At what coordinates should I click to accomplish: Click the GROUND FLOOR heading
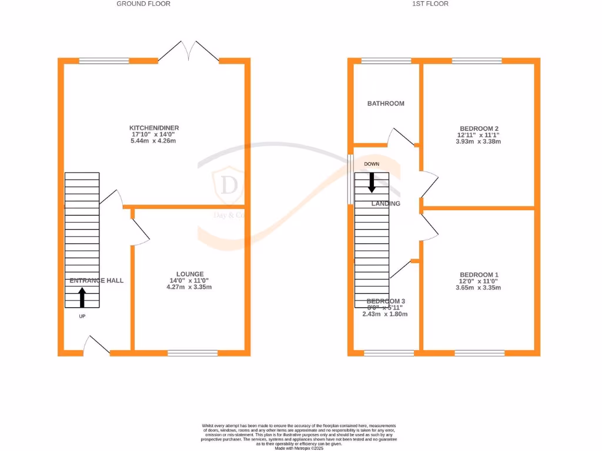(x=143, y=4)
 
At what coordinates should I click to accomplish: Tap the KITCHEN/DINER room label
(x=155, y=128)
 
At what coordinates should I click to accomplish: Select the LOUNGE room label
(x=190, y=274)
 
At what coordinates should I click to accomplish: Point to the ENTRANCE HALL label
(x=96, y=281)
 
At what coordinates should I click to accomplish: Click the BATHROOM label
(x=386, y=103)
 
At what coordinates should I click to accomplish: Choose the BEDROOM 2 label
(x=479, y=128)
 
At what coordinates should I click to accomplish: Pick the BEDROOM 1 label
(x=479, y=275)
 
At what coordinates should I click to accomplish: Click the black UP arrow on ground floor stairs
(x=82, y=297)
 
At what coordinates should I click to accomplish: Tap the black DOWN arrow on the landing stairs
(x=372, y=182)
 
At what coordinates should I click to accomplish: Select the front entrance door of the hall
(x=96, y=346)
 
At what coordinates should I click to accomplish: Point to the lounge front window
(x=193, y=353)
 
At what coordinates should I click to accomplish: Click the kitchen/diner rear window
(x=104, y=60)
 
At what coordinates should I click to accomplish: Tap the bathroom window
(x=386, y=60)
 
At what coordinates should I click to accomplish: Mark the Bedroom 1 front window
(x=480, y=353)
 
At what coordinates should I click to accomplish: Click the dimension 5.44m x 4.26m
(x=155, y=141)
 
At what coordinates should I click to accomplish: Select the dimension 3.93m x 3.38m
(x=479, y=141)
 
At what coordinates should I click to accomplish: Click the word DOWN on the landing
(x=372, y=164)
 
